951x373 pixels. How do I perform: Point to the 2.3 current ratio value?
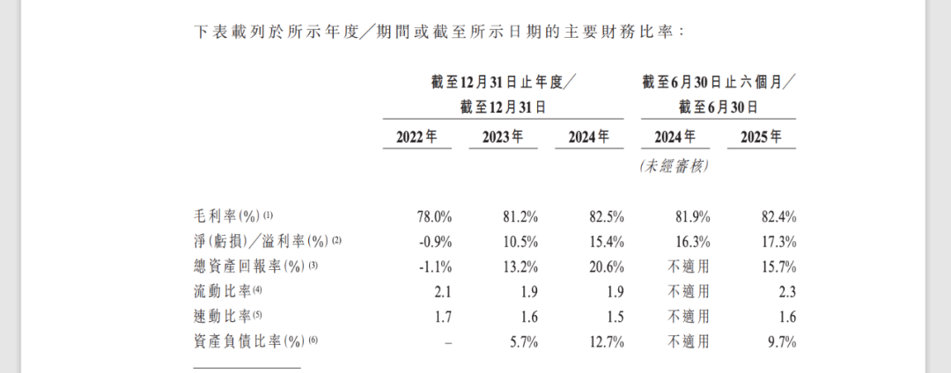(786, 290)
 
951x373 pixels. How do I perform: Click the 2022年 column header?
(417, 137)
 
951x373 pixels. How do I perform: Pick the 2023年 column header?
(503, 137)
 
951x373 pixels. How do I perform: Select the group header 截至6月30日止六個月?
(719, 83)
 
